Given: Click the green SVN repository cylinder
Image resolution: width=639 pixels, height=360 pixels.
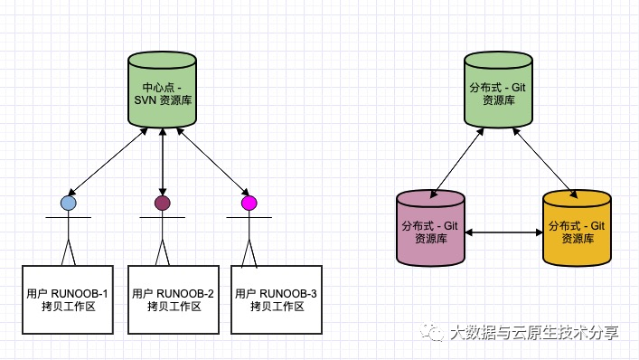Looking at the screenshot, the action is (162, 90).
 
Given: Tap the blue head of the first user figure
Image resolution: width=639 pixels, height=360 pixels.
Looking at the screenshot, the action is (69, 203).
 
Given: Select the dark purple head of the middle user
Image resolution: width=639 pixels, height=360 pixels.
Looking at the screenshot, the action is (163, 203).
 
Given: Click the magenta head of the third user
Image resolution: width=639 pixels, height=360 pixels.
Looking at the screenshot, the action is (249, 203).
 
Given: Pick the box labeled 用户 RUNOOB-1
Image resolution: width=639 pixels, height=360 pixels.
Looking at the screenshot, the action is (68, 299).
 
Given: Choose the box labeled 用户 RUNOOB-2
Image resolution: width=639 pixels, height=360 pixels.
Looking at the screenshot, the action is (174, 299).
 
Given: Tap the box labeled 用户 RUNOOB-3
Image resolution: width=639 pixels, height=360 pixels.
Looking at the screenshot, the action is (277, 299).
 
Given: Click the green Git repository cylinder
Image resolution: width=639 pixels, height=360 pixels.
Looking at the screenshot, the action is (498, 90).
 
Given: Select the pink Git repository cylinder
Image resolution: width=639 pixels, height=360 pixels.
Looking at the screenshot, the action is (431, 228).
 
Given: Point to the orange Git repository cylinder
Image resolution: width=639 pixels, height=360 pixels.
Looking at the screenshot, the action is (577, 228).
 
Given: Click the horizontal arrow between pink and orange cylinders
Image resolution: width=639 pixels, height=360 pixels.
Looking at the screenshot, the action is (503, 232).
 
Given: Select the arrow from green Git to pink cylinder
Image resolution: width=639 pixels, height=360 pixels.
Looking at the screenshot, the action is (456, 163).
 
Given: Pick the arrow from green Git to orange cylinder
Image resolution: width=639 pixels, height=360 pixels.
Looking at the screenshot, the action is (545, 163).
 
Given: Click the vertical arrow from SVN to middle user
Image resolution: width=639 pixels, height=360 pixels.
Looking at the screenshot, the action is (163, 162).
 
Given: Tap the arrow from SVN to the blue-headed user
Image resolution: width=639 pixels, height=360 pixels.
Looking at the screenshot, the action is (108, 162).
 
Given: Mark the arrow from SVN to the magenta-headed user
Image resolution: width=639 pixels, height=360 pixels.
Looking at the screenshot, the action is (212, 162).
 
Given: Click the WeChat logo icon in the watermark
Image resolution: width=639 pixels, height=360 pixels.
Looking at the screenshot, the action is (432, 332).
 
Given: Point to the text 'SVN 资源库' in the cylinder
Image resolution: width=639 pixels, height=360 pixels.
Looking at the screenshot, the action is (163, 100).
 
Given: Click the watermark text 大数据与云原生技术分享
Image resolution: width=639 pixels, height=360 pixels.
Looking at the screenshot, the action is (535, 333).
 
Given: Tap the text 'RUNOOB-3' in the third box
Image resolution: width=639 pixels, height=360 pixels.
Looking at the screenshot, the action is (288, 294).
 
